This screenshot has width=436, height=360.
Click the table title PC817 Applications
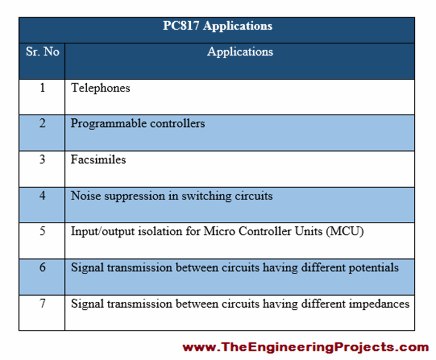[217, 26]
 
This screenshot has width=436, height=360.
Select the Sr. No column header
[42, 52]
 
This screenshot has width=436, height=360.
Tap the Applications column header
[240, 52]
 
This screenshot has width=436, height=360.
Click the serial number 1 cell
[42, 88]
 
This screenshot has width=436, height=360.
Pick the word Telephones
[100, 88]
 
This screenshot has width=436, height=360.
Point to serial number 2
[42, 124]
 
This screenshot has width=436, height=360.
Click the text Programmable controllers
[138, 124]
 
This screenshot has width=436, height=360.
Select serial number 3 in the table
[42, 160]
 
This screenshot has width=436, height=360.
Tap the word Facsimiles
[98, 160]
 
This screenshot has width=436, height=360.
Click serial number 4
[42, 196]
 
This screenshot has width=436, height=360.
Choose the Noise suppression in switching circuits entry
[172, 196]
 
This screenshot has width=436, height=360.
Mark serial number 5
[42, 231]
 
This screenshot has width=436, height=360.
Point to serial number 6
[42, 268]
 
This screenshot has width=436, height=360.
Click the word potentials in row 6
[373, 268]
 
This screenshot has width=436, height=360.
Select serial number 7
[42, 304]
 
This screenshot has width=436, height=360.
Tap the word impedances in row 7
[379, 304]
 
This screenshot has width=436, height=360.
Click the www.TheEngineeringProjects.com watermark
[305, 347]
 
